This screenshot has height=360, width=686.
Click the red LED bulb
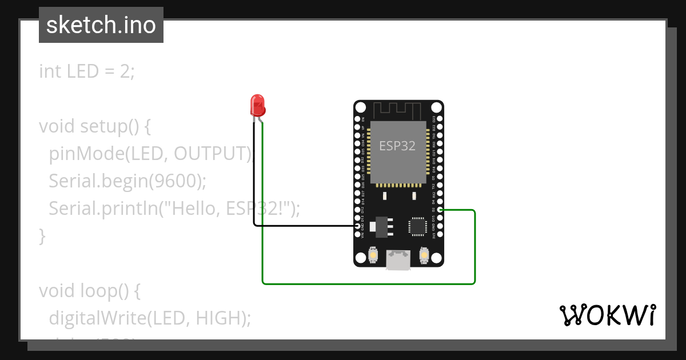(x=258, y=106)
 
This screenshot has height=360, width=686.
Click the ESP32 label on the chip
(x=397, y=146)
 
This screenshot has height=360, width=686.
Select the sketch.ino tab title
(x=101, y=25)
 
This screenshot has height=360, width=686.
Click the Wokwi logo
(x=607, y=315)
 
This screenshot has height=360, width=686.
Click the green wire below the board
(x=366, y=283)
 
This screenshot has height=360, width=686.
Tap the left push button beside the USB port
(x=373, y=254)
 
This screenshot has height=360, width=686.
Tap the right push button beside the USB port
(x=424, y=254)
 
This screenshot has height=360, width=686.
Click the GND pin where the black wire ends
(x=358, y=226)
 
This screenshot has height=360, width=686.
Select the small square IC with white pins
(x=417, y=226)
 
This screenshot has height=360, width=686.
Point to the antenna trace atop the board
(x=398, y=109)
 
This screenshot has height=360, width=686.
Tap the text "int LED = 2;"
(x=87, y=71)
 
